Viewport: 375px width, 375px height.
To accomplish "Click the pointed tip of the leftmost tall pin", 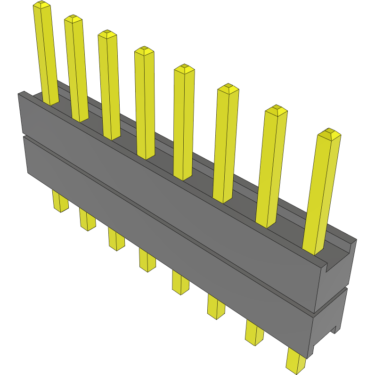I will click(x=41, y=5).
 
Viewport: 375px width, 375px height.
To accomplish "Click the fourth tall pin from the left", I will click(x=145, y=104).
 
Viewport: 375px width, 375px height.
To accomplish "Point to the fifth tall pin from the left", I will click(x=184, y=122).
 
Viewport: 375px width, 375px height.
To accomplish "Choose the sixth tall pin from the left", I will click(x=226, y=144).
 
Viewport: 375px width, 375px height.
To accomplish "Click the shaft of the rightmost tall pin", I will click(x=320, y=193).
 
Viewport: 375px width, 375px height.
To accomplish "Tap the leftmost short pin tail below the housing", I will click(x=60, y=201).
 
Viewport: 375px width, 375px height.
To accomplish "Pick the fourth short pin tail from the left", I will click(x=147, y=260).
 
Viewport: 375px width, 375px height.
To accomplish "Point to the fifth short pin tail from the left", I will click(x=180, y=282).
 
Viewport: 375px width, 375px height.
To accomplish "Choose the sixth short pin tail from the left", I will click(x=216, y=306).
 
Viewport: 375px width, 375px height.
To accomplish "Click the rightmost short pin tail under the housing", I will click(x=296, y=361).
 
